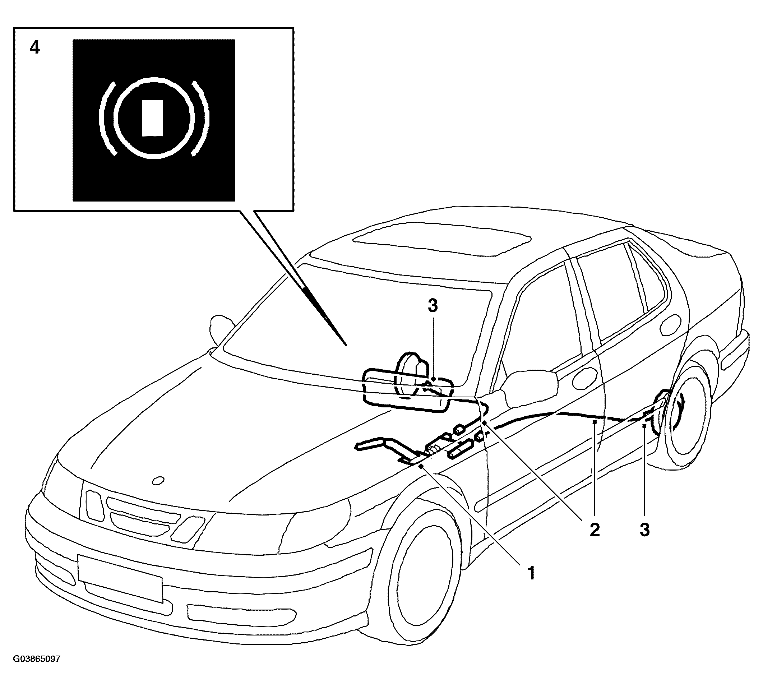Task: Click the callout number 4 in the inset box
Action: [34, 48]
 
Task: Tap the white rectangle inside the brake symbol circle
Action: [152, 118]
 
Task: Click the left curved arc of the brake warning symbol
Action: [107, 118]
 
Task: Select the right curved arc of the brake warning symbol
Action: [200, 118]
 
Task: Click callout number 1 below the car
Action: [531, 573]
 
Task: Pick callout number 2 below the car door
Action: [595, 530]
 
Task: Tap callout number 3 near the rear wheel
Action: [644, 530]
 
